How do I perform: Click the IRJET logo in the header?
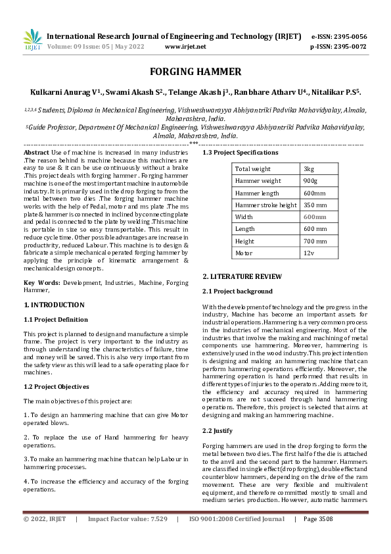tap(32, 40)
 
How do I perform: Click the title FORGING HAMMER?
tap(195, 72)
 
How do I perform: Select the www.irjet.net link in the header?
tap(185, 47)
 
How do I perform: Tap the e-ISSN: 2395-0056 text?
tap(338, 36)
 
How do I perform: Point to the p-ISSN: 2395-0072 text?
tap(338, 47)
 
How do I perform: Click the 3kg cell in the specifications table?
tap(310, 169)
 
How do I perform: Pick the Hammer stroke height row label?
tap(266, 205)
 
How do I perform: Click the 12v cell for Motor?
tap(309, 253)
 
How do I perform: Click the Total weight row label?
tap(253, 169)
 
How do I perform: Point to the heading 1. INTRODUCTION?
tap(54, 305)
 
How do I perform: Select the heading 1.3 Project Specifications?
tap(240, 153)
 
